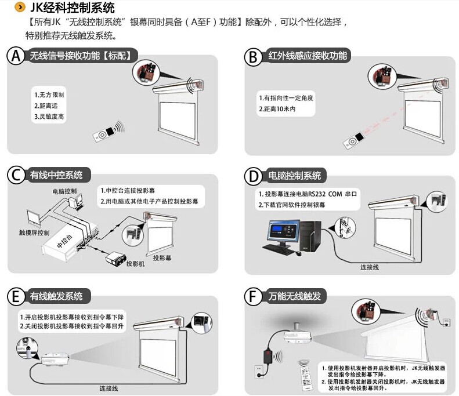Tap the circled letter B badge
[253, 56]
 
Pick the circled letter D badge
[253, 176]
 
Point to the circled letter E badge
[16, 296]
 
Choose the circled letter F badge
[253, 297]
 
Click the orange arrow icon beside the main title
[20, 8]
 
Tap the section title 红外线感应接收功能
[307, 56]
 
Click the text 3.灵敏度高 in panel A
[49, 117]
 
